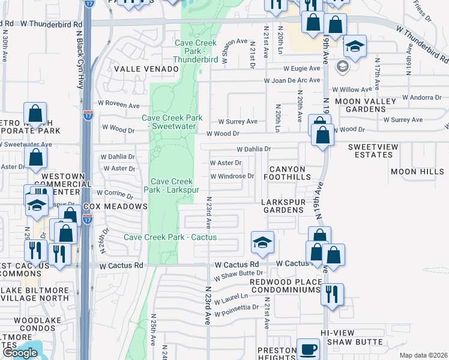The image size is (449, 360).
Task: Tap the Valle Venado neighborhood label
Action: [146, 69]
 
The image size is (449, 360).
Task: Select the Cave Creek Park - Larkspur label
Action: [172, 185]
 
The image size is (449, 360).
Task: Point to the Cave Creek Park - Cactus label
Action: [170, 237]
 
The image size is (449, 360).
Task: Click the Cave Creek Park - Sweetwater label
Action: [172, 122]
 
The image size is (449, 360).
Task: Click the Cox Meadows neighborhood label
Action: [115, 206]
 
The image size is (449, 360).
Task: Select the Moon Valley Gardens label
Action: [367, 105]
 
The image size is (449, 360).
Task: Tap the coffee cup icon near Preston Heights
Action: [309, 349]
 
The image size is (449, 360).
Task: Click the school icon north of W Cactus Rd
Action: [262, 242]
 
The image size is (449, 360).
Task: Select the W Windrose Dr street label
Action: [232, 176]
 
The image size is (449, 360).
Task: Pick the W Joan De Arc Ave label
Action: [292, 80]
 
